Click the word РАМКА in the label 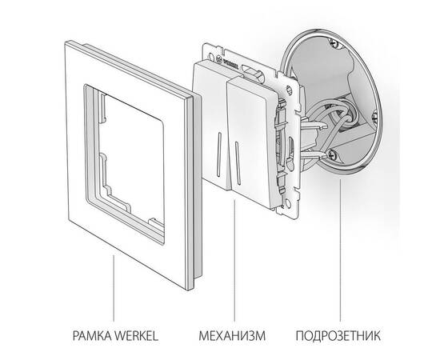[x=93, y=335]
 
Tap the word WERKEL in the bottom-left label [x=138, y=335]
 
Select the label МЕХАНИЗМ [x=232, y=335]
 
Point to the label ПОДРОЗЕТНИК [x=338, y=335]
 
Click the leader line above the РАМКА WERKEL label [x=114, y=288]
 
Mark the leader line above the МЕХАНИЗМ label [x=234, y=261]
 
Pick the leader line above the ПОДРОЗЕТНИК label [x=340, y=250]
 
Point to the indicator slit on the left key [x=218, y=154]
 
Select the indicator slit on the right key [x=238, y=163]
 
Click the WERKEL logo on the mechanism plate [x=230, y=63]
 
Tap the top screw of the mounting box [x=334, y=43]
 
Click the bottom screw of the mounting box [x=331, y=154]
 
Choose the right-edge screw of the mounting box [x=375, y=117]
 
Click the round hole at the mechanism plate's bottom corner [x=288, y=203]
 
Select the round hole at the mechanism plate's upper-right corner [x=289, y=90]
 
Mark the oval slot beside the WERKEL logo [x=249, y=70]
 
